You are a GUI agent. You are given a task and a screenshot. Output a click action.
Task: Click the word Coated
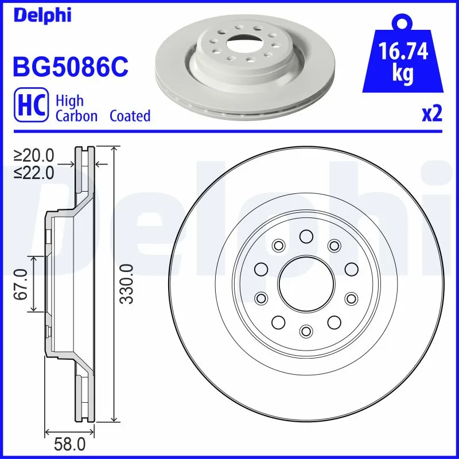click(130, 116)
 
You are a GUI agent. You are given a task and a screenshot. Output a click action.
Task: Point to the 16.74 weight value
click(404, 52)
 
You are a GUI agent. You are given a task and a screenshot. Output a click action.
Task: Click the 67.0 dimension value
click(21, 284)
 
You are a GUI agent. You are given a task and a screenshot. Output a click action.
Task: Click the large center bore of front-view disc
click(306, 283)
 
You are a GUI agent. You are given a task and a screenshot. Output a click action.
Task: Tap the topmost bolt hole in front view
click(306, 236)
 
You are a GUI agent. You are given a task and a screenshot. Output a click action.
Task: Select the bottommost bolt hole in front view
click(306, 330)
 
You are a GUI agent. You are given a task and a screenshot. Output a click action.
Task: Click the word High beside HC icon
click(69, 101)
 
